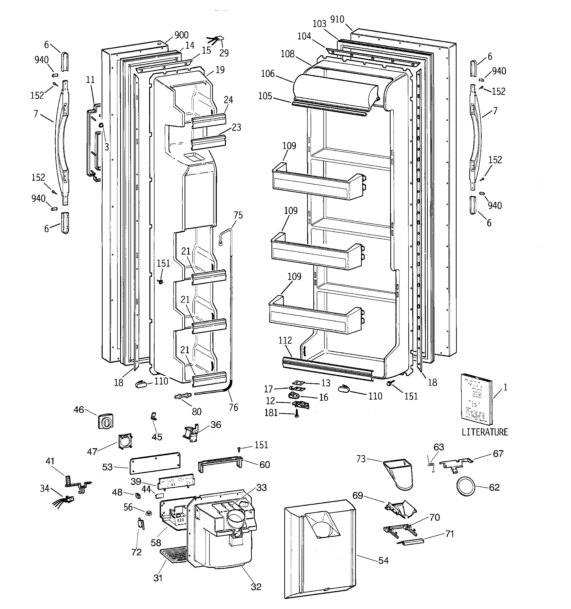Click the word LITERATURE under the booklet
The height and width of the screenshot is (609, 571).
[x=485, y=432]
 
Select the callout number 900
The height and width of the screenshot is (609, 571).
[x=181, y=35]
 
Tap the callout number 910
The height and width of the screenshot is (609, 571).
[x=337, y=19]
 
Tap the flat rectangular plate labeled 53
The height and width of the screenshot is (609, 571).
[x=155, y=463]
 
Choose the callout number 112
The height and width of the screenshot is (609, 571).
[x=285, y=340]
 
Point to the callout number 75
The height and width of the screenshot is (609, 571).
[x=238, y=215]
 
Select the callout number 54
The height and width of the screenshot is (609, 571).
[x=383, y=561]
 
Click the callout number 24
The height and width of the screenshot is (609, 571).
[x=228, y=100]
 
